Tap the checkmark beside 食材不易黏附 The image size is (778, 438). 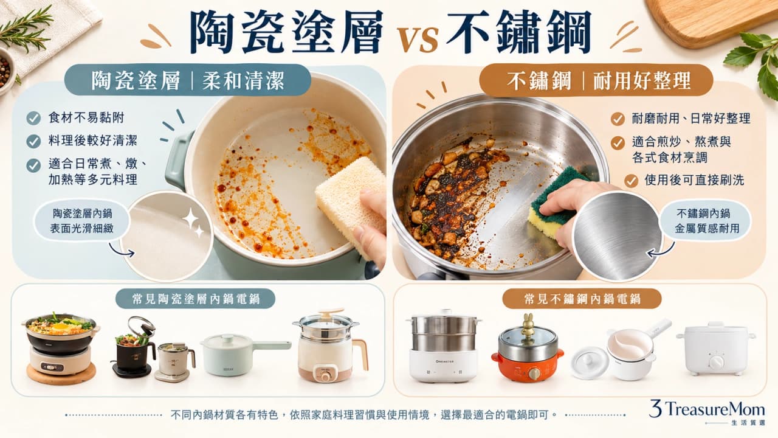click(33, 118)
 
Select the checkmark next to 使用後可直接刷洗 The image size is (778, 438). click(631, 181)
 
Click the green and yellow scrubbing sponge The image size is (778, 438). click(555, 202)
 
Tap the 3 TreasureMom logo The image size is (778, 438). click(707, 412)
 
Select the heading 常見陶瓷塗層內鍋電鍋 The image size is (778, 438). click(196, 299)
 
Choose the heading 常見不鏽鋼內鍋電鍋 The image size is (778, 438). click(582, 299)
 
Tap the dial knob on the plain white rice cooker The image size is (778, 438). click(716, 362)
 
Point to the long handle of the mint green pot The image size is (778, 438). click(272, 345)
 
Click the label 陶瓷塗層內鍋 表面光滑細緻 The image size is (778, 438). click(82, 221)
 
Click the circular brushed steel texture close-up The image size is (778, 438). click(618, 237)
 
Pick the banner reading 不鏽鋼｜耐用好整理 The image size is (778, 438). click(596, 81)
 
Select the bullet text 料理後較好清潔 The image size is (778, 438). click(93, 141)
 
